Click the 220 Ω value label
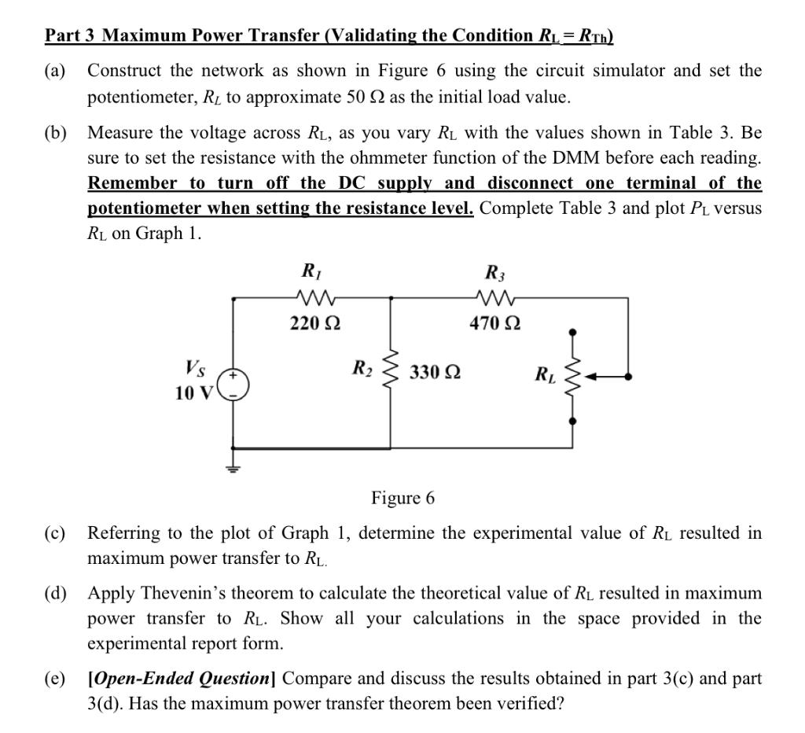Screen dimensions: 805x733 [314, 323]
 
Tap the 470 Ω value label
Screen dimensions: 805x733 [495, 323]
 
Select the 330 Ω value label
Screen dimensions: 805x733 [435, 372]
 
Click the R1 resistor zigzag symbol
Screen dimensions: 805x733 [314, 297]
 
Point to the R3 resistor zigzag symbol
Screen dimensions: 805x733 [494, 297]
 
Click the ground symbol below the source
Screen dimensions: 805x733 [233, 468]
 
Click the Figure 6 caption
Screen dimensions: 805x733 [402, 498]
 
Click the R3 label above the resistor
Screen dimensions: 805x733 [494, 274]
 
